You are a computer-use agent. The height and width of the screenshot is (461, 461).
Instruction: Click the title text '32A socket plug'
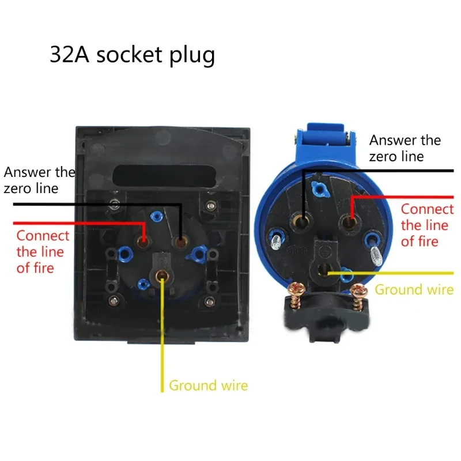pos(133,55)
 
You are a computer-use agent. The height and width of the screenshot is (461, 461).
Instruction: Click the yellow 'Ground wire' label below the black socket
pos(208,386)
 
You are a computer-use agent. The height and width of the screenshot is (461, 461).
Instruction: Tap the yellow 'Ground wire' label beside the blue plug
pos(414,289)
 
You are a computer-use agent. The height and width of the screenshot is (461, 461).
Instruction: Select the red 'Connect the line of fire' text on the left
pos(43,252)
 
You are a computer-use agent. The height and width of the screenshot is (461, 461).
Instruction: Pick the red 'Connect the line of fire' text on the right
pos(427,225)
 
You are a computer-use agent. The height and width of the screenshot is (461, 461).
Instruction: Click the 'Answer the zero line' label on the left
pos(39,180)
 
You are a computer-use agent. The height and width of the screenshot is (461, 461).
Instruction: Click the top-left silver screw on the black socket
pos(115,203)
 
